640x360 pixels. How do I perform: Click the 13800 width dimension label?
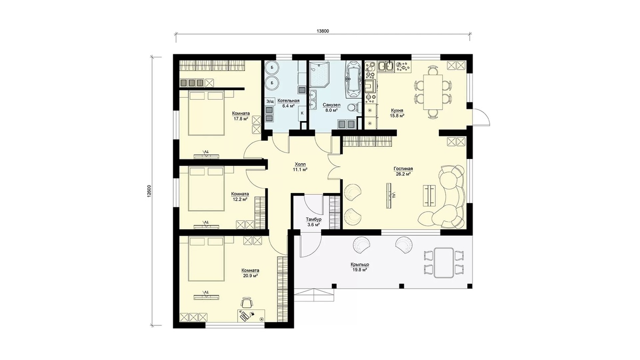pos(323,31)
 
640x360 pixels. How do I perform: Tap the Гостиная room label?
pos(403,171)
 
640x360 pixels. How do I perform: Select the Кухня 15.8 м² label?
pos(397,113)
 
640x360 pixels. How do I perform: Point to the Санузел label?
pos(331,105)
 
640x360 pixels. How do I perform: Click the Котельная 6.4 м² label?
pos(289,103)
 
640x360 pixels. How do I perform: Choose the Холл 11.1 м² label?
pos(300,167)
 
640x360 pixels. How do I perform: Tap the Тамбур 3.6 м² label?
pos(314,222)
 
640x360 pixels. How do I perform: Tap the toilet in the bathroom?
pos(354,107)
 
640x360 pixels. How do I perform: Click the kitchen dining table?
pos(433,92)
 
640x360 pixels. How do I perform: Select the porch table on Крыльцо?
pos(444,262)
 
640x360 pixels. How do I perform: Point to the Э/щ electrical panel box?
pos(270,101)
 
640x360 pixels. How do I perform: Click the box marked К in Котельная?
pos(302,113)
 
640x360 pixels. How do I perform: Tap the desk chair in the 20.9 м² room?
pos(246,302)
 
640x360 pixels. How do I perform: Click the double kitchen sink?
pos(386,66)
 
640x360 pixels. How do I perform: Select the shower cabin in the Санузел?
pos(319,74)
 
